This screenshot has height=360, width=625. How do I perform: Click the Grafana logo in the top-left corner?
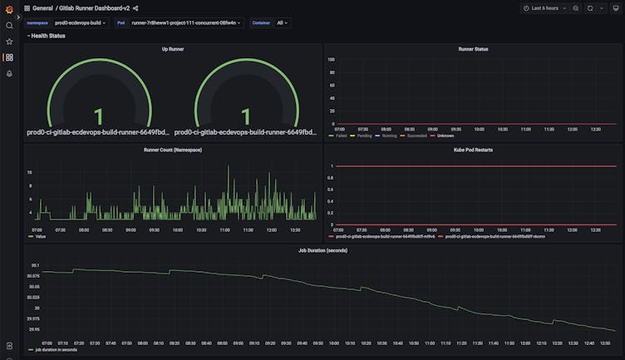pos(9,7)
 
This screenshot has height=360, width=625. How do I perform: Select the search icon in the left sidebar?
pos(9,25)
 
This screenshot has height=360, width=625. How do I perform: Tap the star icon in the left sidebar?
pos(9,41)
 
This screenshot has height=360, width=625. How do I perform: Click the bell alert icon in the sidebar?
pos(9,73)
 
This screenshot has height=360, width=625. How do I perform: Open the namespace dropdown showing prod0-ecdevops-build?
pos(81,22)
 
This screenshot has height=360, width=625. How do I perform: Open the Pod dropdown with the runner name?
pos(186,22)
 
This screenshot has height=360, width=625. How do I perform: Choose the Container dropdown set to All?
pos(282,22)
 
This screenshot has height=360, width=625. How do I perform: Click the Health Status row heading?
pos(47,36)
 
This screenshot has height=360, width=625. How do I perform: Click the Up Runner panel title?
pos(173,49)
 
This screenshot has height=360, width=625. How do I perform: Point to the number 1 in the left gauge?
pos(98,116)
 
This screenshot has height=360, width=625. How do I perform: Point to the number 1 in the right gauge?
pos(245,116)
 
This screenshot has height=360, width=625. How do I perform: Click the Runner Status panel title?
pos(473,49)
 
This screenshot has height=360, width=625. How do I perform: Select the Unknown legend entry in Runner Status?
pos(445,136)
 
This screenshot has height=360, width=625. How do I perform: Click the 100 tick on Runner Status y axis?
pos(331,60)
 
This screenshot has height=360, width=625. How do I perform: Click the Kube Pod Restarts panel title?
pos(473,150)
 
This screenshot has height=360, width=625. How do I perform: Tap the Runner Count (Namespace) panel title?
pos(173,150)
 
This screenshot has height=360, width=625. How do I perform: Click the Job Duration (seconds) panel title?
pos(322,249)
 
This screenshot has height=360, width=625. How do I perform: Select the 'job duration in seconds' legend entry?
pos(56,349)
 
